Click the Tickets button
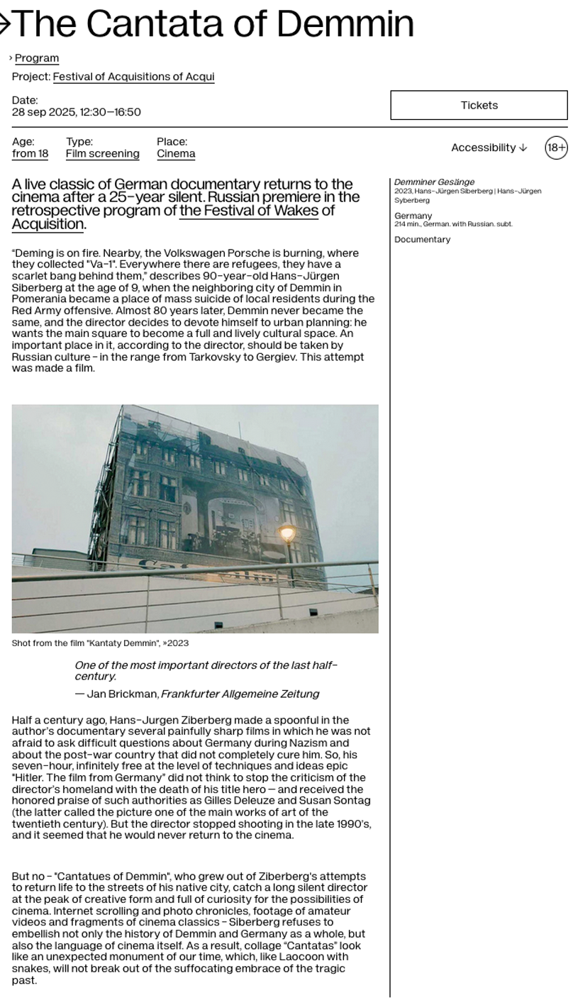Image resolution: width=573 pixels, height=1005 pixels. pos(479,105)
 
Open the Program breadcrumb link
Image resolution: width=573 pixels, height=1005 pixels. pos(37,58)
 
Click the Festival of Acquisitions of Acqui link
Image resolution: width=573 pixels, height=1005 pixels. pos(133,77)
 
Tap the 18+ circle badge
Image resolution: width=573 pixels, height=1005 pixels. pos(556,148)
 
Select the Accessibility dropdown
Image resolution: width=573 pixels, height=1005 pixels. pos(489,148)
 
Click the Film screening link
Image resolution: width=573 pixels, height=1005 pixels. pos(102,154)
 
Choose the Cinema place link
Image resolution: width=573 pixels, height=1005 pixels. pos(176,154)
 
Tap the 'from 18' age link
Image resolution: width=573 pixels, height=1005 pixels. pos(30,154)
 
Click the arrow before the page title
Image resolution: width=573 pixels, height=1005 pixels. pos(4,24)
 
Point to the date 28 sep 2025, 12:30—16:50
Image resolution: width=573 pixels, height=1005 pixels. pos(76,112)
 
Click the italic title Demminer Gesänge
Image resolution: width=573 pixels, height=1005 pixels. pos(434,182)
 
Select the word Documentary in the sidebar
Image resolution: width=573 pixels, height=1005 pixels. pos(422,240)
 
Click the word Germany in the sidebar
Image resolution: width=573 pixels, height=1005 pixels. pos(413,216)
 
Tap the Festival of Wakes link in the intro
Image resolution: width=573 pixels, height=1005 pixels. pos(248,211)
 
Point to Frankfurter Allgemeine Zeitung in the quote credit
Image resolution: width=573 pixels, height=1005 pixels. pos(240,694)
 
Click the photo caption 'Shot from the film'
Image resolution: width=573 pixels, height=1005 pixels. pos(100,643)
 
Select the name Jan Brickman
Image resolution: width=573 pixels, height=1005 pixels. pos(122,694)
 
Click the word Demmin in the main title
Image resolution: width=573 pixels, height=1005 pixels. pos(345,24)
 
